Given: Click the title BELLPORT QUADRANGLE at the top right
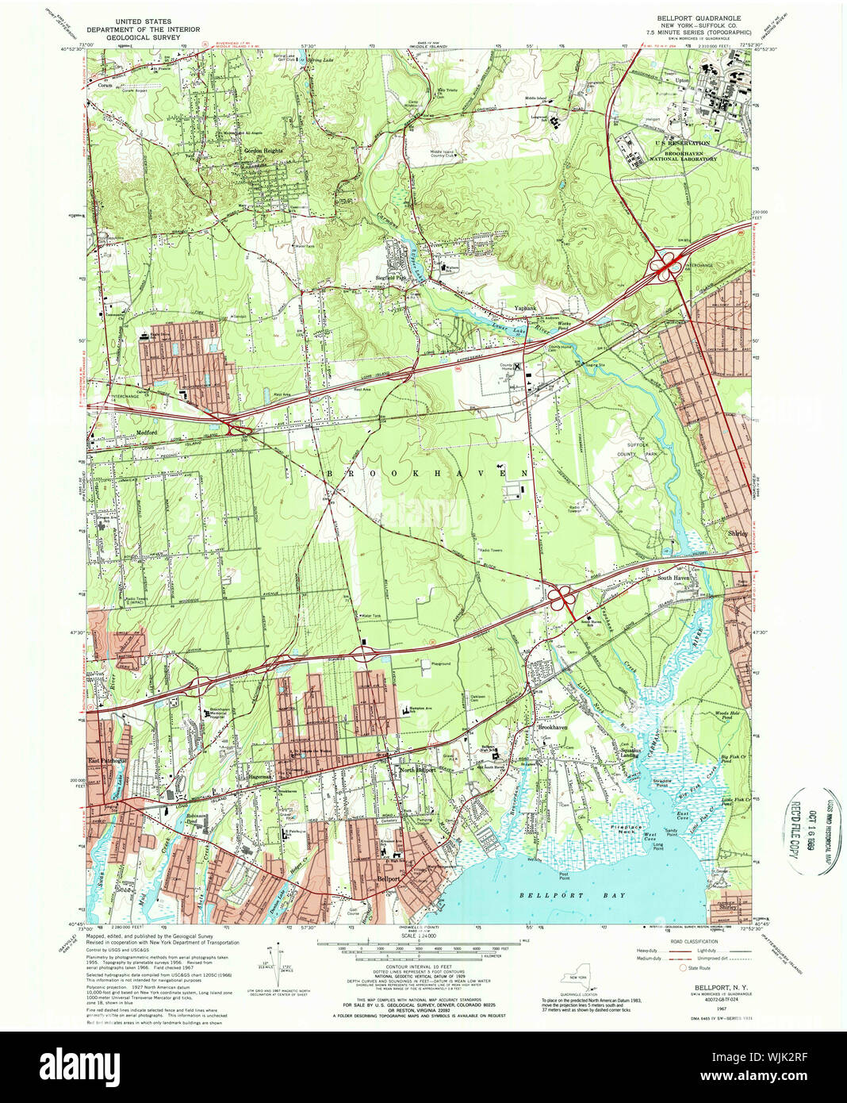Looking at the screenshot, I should (699, 17).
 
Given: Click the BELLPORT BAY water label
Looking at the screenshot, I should (572, 895).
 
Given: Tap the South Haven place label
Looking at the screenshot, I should (673, 578).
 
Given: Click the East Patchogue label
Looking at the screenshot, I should (107, 760).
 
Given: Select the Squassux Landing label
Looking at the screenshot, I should (630, 753).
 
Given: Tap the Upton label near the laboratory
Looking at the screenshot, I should (680, 81).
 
